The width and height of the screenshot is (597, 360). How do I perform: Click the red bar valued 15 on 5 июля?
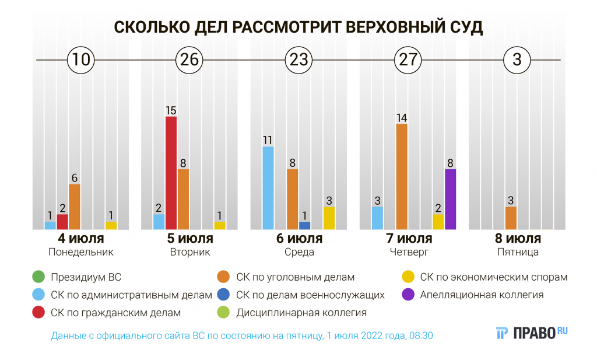coord(171,173)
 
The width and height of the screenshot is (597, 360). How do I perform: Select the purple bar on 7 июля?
coord(450,199)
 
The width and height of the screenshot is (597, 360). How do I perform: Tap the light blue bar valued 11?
coord(268,187)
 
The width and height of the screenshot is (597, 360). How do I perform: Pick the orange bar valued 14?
coord(402,176)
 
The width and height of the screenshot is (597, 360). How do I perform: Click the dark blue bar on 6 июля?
coord(305,225)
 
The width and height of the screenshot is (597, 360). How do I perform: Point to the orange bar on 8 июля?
coord(511,218)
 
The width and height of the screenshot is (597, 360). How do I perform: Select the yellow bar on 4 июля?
coord(111,225)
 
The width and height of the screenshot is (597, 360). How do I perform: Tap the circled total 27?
coord(407,60)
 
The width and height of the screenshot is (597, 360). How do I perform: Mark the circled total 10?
coord(80,60)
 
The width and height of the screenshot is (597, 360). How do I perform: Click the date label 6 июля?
coord(300,239)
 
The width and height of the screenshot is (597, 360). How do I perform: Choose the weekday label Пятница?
coord(518,253)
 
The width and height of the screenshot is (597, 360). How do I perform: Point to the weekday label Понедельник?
coord(81,253)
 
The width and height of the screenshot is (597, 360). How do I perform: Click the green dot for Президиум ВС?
coord(38,277)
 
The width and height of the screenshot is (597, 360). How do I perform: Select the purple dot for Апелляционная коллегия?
coord(408,295)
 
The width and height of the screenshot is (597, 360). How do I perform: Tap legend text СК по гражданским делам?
coord(115,313)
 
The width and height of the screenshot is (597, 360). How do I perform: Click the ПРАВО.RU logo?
coord(532,333)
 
